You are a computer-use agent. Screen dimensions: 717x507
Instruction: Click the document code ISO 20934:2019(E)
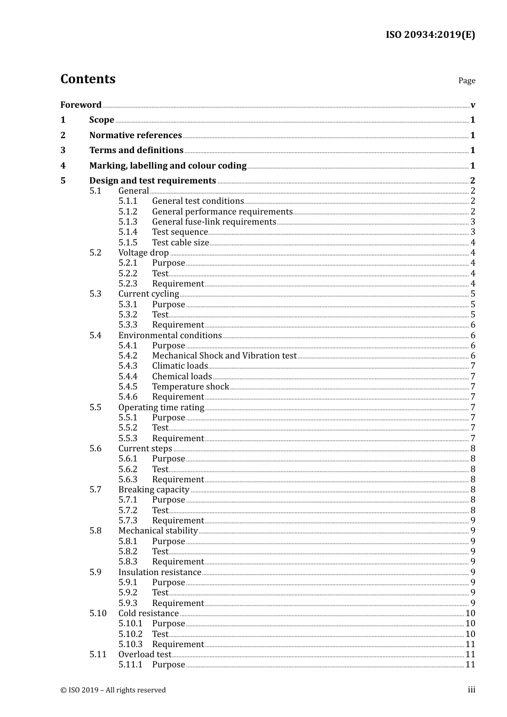coord(430,35)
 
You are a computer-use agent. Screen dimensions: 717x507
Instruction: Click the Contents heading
coord(88,79)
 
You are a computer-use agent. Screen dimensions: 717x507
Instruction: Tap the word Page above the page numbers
coord(466,81)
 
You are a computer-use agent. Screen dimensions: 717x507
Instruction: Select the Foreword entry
coord(81,105)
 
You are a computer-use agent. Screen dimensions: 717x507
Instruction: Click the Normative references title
coord(136,135)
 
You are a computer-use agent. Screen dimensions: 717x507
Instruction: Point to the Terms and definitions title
coord(136,150)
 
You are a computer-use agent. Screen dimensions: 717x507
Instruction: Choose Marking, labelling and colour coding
coord(168,165)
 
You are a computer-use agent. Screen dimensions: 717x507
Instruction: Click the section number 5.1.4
coord(128,232)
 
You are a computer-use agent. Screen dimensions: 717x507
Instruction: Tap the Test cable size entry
coord(180,242)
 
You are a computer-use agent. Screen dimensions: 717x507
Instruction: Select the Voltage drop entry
coord(143,252)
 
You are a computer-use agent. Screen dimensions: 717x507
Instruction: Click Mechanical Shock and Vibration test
coord(224,355)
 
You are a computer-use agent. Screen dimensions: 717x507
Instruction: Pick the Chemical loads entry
coord(181,376)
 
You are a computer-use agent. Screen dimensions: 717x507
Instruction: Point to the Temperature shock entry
coord(191,386)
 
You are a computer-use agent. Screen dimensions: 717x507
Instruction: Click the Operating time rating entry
coord(161,407)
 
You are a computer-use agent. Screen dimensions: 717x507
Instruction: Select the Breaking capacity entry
coord(154,489)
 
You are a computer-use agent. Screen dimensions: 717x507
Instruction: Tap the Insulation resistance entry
coord(160,572)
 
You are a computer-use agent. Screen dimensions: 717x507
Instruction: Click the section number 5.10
coord(98,613)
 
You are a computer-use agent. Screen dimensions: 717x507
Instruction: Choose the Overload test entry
coord(145,654)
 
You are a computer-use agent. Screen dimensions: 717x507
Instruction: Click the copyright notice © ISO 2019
coord(113,690)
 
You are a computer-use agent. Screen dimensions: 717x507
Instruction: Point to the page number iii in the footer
coord(471,689)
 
